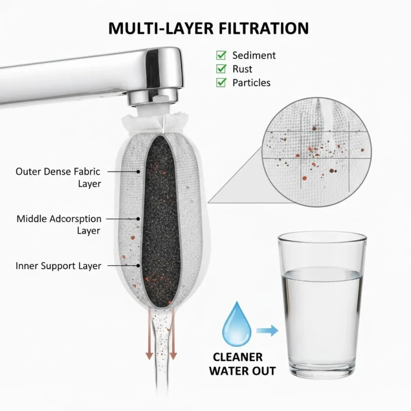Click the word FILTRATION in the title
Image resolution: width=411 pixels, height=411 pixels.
(264, 28)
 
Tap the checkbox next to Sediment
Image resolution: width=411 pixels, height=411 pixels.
(221, 55)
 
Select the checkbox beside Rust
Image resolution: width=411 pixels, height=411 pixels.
(221, 69)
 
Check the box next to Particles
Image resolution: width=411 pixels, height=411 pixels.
(221, 83)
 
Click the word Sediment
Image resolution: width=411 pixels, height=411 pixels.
(254, 55)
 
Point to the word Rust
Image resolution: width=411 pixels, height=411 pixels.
(242, 69)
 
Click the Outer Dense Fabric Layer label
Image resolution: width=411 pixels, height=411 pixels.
(58, 177)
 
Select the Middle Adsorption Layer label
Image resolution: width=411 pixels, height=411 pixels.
(59, 225)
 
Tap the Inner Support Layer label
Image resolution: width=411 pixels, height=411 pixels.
(58, 266)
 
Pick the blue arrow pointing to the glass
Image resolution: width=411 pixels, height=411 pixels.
(267, 330)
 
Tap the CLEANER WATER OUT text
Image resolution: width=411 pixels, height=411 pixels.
(242, 364)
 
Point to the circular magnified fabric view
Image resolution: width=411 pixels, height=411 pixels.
(316, 152)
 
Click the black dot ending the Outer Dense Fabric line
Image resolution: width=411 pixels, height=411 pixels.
(138, 172)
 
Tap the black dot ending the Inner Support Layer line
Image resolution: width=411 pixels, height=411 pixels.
(138, 266)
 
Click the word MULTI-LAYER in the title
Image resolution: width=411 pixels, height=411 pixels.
(161, 28)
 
